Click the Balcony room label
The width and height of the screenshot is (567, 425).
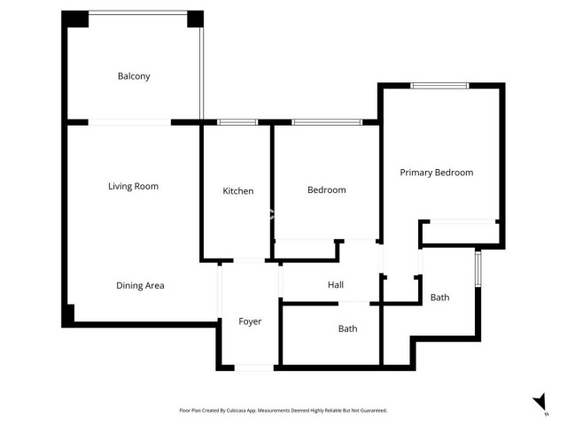pos(134,76)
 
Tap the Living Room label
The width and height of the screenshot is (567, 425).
pos(133,186)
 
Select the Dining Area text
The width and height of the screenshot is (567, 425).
pos(140,285)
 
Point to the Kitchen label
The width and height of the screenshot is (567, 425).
pos(237,190)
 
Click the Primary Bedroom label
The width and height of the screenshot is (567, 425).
pos(436,173)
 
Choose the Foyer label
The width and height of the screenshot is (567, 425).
pos(250,321)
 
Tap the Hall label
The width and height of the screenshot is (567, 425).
pos(335,284)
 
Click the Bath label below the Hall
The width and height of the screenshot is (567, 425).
pos(347,328)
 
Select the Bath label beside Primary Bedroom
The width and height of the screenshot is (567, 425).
pos(439,297)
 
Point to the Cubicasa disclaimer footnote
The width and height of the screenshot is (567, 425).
pos(283,410)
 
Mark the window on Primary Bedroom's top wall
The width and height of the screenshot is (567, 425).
pos(439,86)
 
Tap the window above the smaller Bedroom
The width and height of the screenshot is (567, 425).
pos(327,122)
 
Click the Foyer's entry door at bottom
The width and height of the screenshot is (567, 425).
pos(254,367)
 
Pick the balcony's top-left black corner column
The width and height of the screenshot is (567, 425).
pos(75,19)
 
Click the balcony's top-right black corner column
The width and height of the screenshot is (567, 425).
pos(195,19)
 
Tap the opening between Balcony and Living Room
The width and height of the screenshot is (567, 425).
pos(129,122)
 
